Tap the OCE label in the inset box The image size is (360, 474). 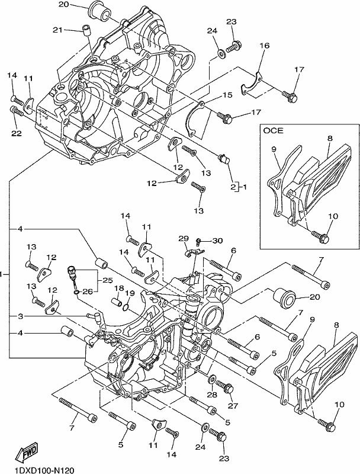click(274, 130)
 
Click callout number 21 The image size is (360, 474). click(58, 30)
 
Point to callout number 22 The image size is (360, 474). click(17, 133)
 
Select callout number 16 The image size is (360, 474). click(264, 46)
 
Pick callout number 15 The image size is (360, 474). click(227, 95)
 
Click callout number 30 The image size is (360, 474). click(217, 241)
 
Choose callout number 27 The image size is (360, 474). click(233, 406)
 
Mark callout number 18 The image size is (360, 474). click(118, 289)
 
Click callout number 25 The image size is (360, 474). click(107, 280)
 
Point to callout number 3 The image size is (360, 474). click(20, 316)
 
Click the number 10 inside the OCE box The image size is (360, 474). click(333, 216)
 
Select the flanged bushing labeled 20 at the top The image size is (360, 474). click(99, 12)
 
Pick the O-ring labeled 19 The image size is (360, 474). click(127, 308)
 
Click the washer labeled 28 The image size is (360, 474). click(212, 379)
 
